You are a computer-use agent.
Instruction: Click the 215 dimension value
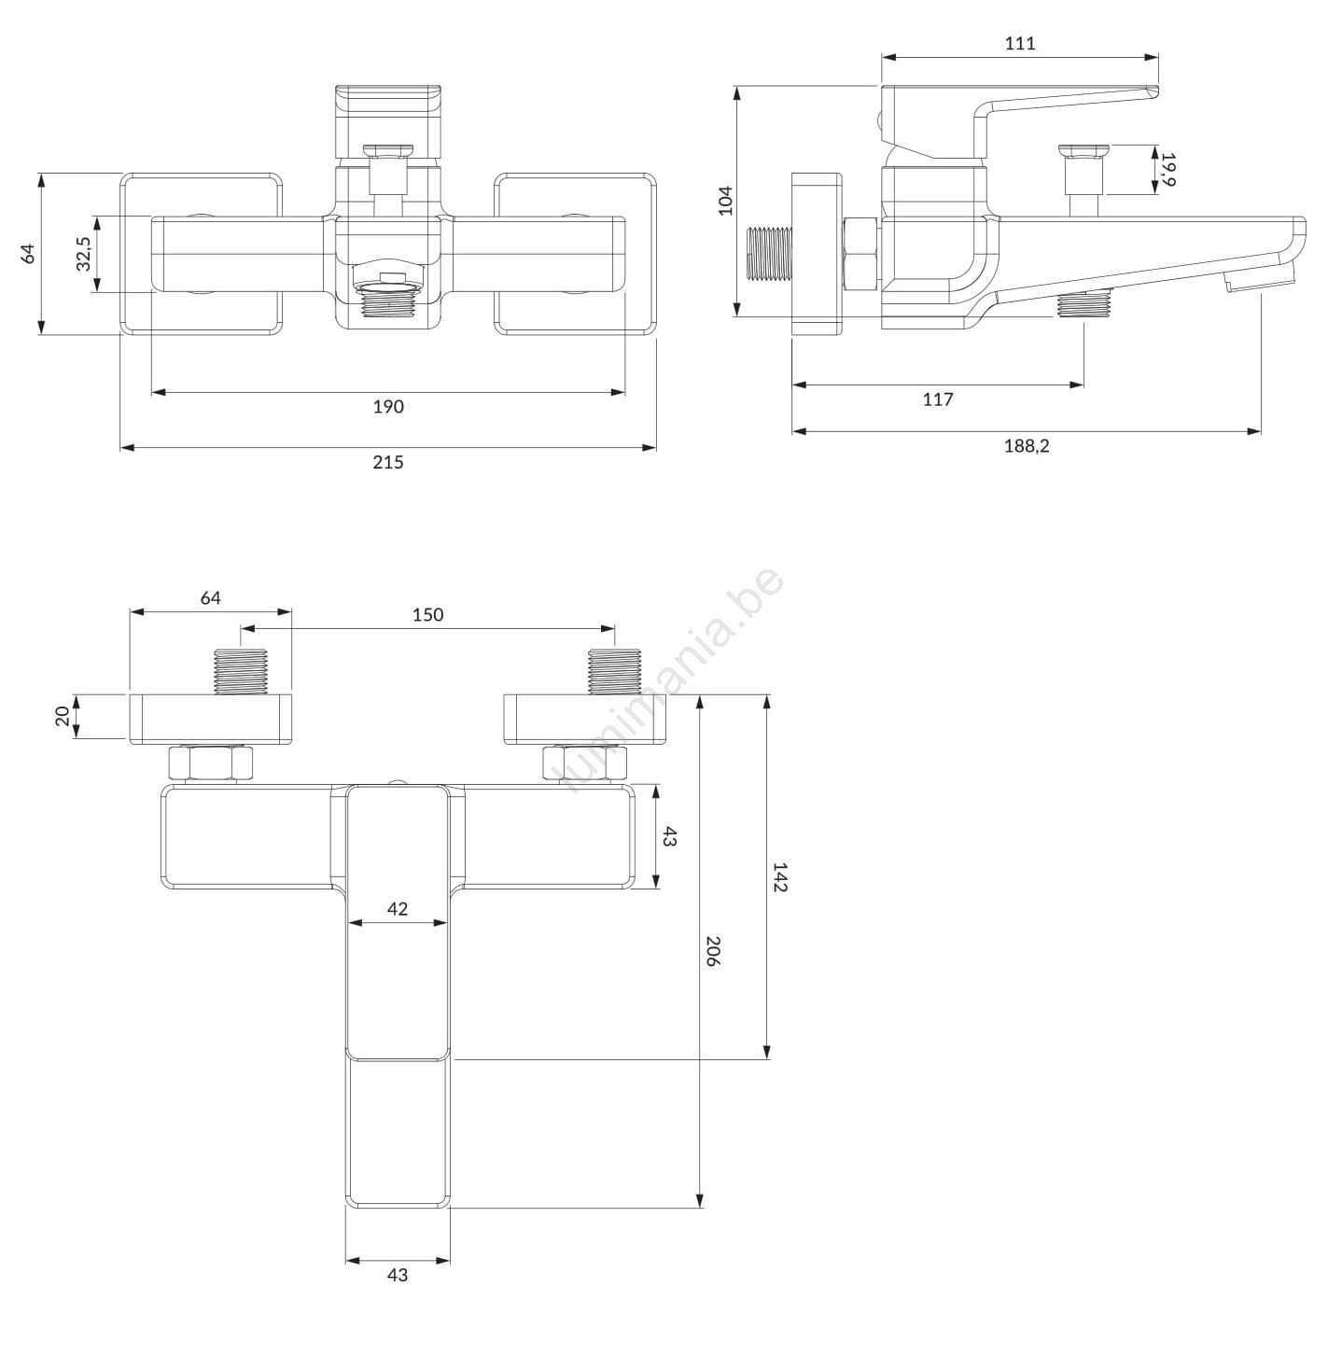coord(388,462)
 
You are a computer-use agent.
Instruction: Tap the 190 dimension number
coord(388,406)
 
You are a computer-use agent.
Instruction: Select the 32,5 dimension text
coord(83,254)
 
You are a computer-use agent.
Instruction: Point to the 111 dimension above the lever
coord(1020,44)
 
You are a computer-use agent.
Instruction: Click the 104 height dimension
coord(725,201)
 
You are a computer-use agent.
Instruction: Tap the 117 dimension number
coord(938,399)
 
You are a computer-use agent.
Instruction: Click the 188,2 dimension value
coord(1027,446)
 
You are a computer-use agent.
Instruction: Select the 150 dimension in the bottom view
coord(427,615)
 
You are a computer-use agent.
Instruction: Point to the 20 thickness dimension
coord(63,716)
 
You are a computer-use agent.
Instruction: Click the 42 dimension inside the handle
coord(398,909)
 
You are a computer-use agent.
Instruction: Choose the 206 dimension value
coord(713,951)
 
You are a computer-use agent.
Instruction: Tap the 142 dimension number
coord(780,877)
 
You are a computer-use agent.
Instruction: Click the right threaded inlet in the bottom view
coord(614,671)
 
